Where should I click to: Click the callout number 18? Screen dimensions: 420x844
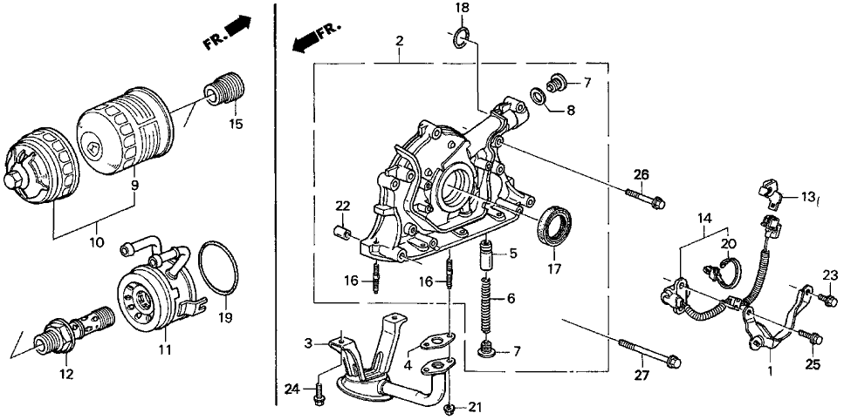pyautogui.click(x=462, y=8)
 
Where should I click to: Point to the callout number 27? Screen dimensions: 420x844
pyautogui.click(x=641, y=376)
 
